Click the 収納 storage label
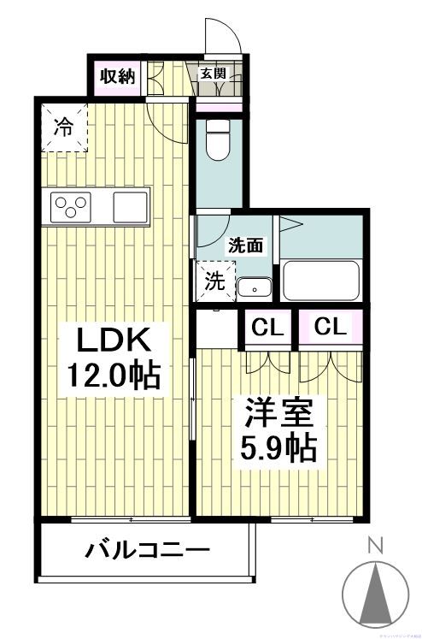pos(115,75)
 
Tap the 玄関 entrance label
pos(212,74)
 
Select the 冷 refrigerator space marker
pos(63,128)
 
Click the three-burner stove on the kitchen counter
pos(73,207)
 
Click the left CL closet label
pos(267,327)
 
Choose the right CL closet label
pos(330,327)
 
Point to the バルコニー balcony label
pos(146,549)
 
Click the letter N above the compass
pos(374,543)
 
